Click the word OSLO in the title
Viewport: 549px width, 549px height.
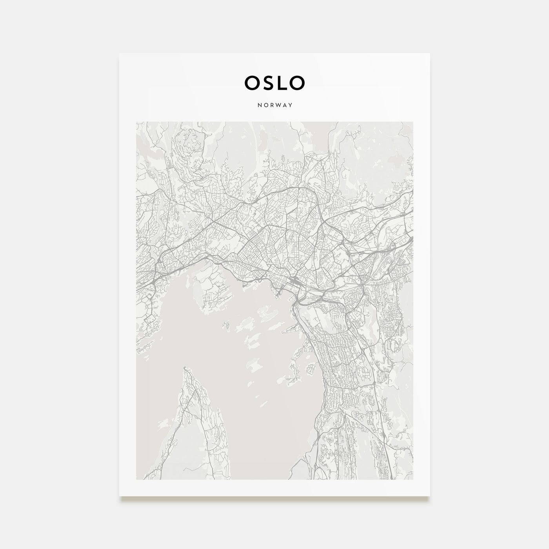coord(274,82)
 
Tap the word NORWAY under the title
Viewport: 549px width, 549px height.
coord(274,105)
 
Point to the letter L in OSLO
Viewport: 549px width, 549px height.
coord(281,82)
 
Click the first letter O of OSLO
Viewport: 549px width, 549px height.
coord(251,82)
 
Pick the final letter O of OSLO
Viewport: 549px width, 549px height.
coord(297,82)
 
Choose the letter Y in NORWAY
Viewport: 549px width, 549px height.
coord(291,105)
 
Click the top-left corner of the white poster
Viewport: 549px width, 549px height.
coord(120,53)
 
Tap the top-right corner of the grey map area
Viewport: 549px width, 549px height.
coord(413,122)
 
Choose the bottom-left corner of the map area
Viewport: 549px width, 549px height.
coord(136,479)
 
